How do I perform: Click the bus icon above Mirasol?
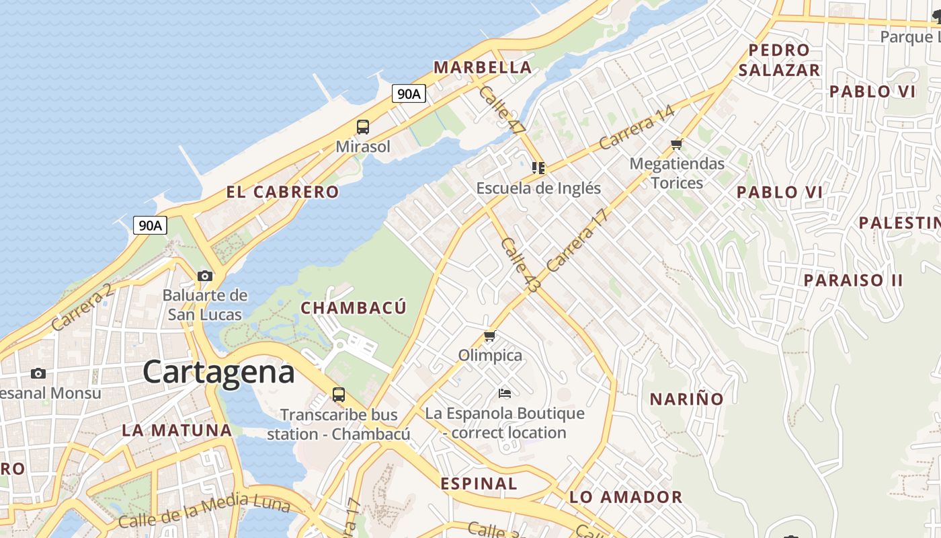[363, 126]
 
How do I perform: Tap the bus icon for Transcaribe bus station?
[339, 395]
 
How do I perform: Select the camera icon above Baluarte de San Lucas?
[205, 276]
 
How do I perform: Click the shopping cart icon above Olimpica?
[490, 336]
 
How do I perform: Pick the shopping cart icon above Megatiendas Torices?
[677, 144]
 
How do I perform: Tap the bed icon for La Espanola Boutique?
[505, 393]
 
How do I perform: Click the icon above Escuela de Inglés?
[538, 168]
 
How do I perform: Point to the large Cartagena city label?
[218, 372]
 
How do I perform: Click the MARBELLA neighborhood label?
[483, 67]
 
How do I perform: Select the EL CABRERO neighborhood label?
[282, 192]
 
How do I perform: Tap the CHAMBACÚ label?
[354, 308]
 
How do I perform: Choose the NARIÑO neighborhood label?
[686, 399]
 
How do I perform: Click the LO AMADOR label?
[626, 497]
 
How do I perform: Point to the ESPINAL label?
[479, 484]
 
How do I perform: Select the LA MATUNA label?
[177, 430]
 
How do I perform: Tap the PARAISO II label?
[854, 280]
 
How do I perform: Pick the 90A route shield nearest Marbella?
[409, 93]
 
